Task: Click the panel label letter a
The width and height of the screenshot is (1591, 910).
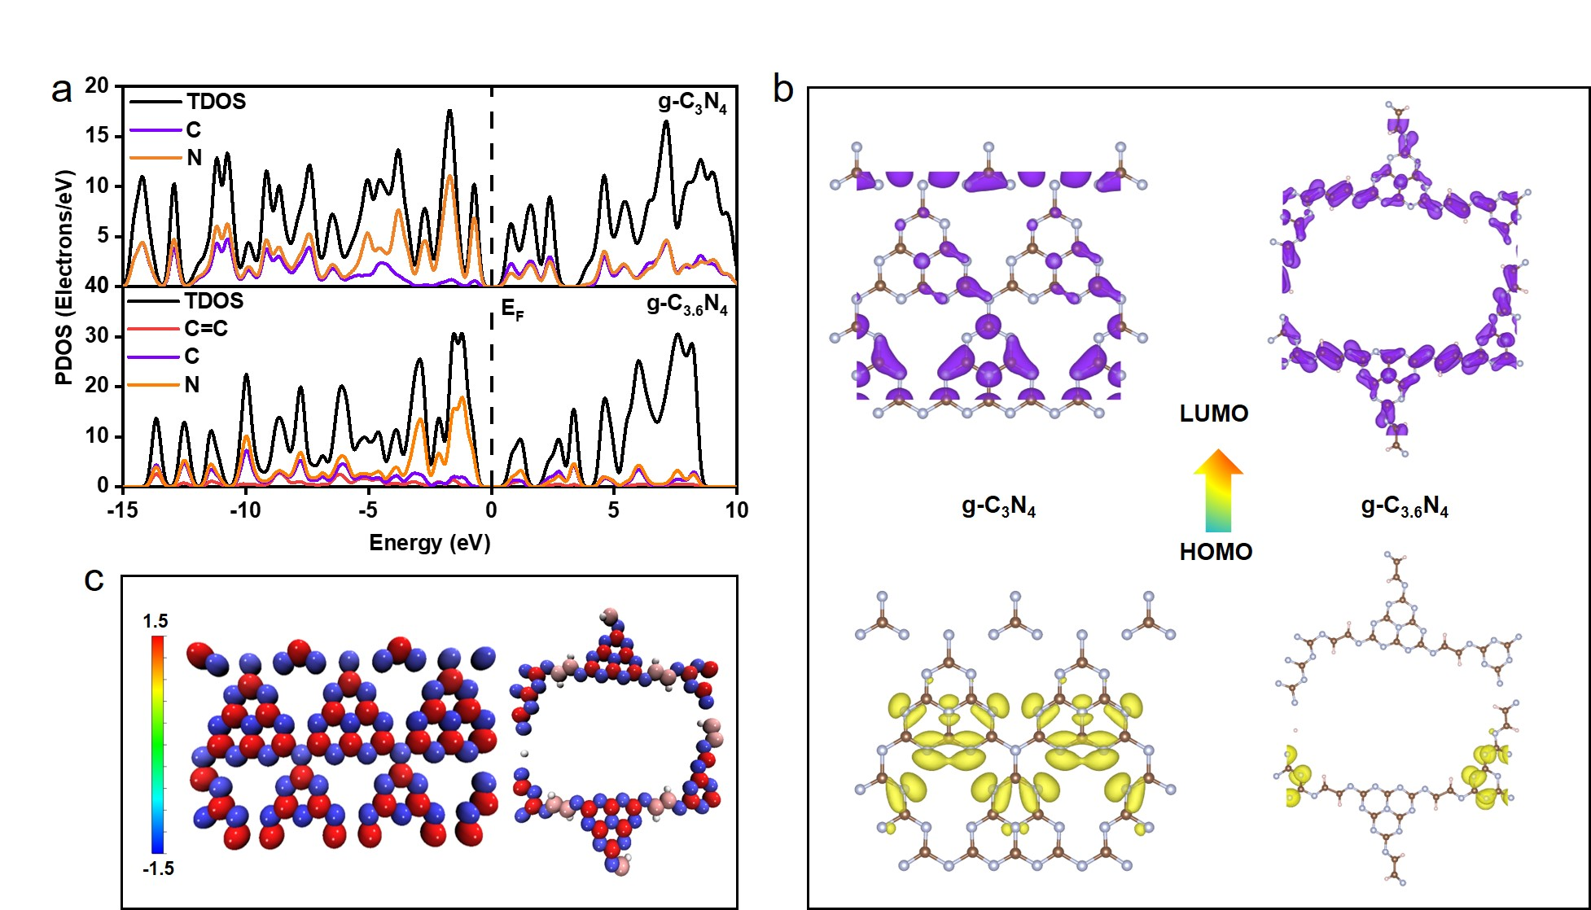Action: pyautogui.click(x=61, y=91)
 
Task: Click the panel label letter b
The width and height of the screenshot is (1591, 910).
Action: pyautogui.click(x=782, y=89)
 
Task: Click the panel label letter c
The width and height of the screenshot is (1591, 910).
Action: pyautogui.click(x=94, y=580)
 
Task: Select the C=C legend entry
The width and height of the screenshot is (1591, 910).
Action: pyautogui.click(x=205, y=329)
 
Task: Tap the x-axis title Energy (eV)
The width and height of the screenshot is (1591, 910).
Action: pyautogui.click(x=429, y=543)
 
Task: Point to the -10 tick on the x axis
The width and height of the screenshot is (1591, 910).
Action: pyautogui.click(x=245, y=510)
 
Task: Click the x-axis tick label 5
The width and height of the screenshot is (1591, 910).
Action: pyautogui.click(x=613, y=510)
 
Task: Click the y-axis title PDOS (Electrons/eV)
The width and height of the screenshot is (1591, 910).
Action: pyautogui.click(x=64, y=277)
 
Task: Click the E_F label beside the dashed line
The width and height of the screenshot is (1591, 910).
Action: pyautogui.click(x=512, y=309)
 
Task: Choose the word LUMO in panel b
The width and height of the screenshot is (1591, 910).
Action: pyautogui.click(x=1213, y=413)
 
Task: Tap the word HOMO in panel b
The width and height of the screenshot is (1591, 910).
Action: pyautogui.click(x=1216, y=552)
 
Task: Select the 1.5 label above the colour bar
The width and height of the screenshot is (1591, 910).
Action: pyautogui.click(x=156, y=621)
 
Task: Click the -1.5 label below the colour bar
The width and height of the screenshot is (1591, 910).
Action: pyautogui.click(x=158, y=868)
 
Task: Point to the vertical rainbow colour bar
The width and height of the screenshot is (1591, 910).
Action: pyautogui.click(x=157, y=744)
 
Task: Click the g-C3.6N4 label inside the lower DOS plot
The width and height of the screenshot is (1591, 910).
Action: pyautogui.click(x=686, y=305)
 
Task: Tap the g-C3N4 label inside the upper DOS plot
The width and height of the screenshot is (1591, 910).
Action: pyautogui.click(x=692, y=103)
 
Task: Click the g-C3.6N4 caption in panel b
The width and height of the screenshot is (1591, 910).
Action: pyautogui.click(x=1405, y=507)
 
